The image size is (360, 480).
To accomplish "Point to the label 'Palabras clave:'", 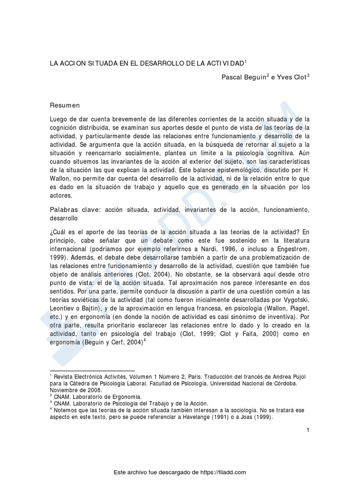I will [x=75, y=210].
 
